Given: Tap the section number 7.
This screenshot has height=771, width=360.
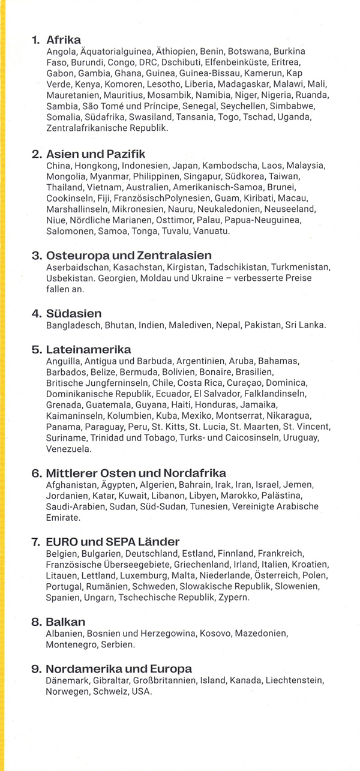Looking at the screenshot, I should [35, 542].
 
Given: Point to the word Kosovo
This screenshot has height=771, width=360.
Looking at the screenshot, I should [215, 634].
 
